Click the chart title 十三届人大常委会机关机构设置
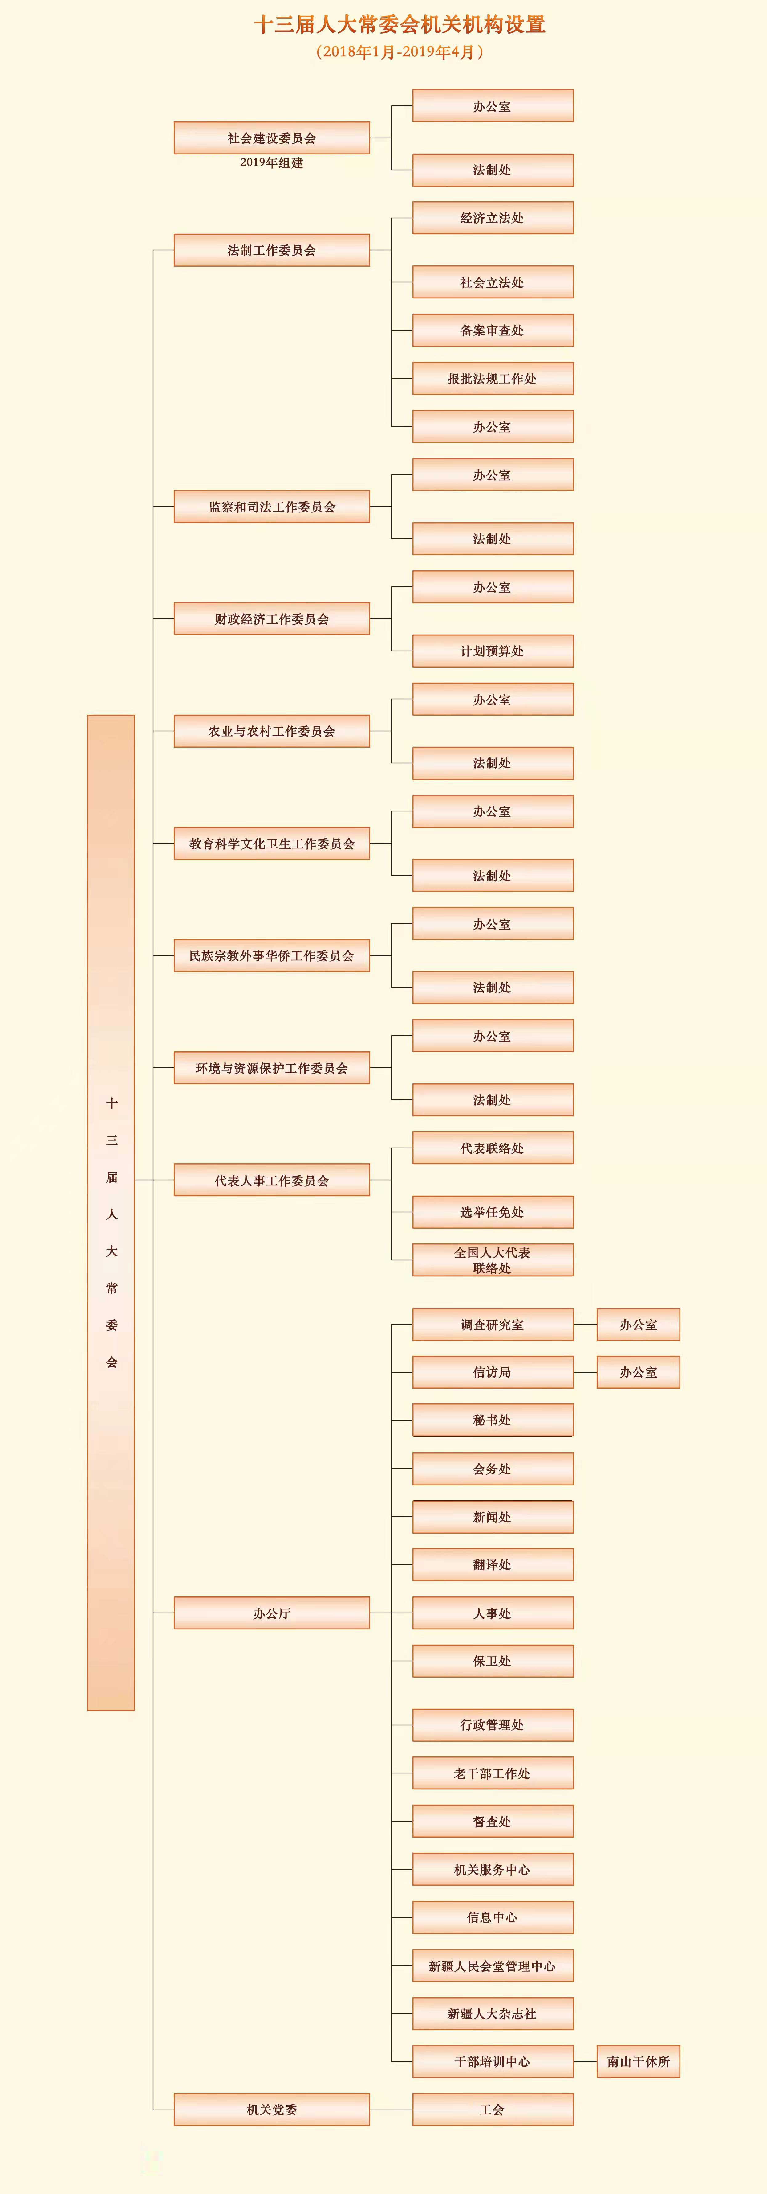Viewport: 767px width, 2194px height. pos(399,25)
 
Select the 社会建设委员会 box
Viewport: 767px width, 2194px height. pos(272,138)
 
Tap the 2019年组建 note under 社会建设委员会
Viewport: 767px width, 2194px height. pos(272,163)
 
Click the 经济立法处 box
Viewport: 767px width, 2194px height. pos(493,218)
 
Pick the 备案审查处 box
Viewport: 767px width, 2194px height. pos(493,331)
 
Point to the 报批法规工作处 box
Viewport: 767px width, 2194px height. pos(493,379)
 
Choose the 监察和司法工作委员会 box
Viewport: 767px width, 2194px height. pos(272,507)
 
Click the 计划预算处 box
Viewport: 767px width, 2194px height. pos(493,651)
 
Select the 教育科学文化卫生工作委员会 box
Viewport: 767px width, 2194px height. pos(272,844)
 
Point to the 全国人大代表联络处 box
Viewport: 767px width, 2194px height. pos(493,1260)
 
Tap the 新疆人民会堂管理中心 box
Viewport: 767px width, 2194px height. pos(493,1966)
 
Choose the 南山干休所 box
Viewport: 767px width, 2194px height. pos(639,2062)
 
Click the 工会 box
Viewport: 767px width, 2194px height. pos(493,2110)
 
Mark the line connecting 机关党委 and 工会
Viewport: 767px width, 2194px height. pos(392,2110)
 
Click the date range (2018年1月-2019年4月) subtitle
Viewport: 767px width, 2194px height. pos(399,52)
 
